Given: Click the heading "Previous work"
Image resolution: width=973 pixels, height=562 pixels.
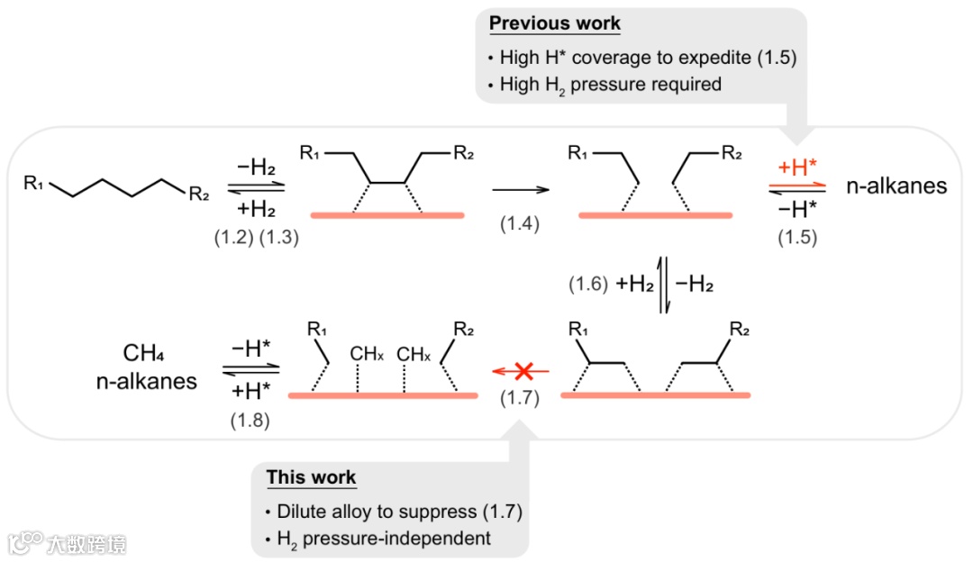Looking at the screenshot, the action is click(x=555, y=23).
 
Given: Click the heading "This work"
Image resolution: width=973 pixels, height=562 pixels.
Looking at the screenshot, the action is click(x=311, y=477).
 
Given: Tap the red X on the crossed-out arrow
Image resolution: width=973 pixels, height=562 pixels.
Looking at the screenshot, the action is click(x=521, y=370).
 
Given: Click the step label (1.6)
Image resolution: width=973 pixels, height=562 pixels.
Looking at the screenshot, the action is click(x=589, y=284).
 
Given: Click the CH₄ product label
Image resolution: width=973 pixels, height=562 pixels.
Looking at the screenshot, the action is click(x=147, y=352).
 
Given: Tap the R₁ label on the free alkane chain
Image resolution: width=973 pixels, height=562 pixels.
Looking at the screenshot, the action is click(x=34, y=184).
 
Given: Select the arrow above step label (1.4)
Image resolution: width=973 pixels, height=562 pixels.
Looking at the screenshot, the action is click(x=520, y=190).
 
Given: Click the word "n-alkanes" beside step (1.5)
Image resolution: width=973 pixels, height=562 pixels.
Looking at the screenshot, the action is click(x=896, y=186).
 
